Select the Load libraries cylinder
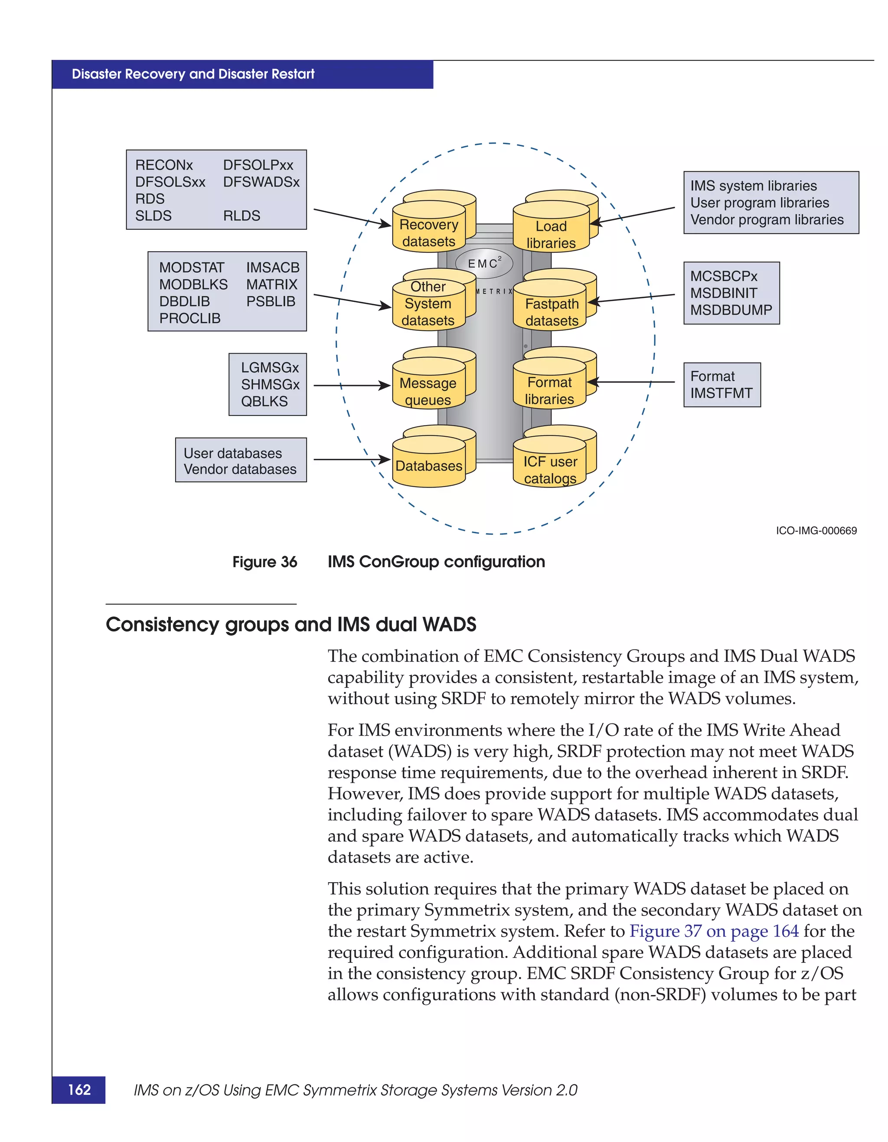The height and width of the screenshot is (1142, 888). [x=552, y=231]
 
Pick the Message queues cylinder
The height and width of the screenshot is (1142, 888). [x=428, y=388]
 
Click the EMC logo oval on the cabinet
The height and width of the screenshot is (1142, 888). [x=484, y=263]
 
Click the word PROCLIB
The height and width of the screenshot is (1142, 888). [x=190, y=318]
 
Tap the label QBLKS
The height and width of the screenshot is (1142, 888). [x=264, y=401]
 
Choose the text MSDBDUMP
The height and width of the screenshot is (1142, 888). [x=731, y=310]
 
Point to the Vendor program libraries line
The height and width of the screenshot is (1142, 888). [x=766, y=219]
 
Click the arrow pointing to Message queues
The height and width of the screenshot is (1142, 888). [x=351, y=386]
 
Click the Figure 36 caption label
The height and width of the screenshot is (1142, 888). [x=264, y=562]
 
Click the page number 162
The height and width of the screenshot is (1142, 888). [x=79, y=1089]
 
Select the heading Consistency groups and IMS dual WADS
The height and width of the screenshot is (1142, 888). [x=291, y=624]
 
